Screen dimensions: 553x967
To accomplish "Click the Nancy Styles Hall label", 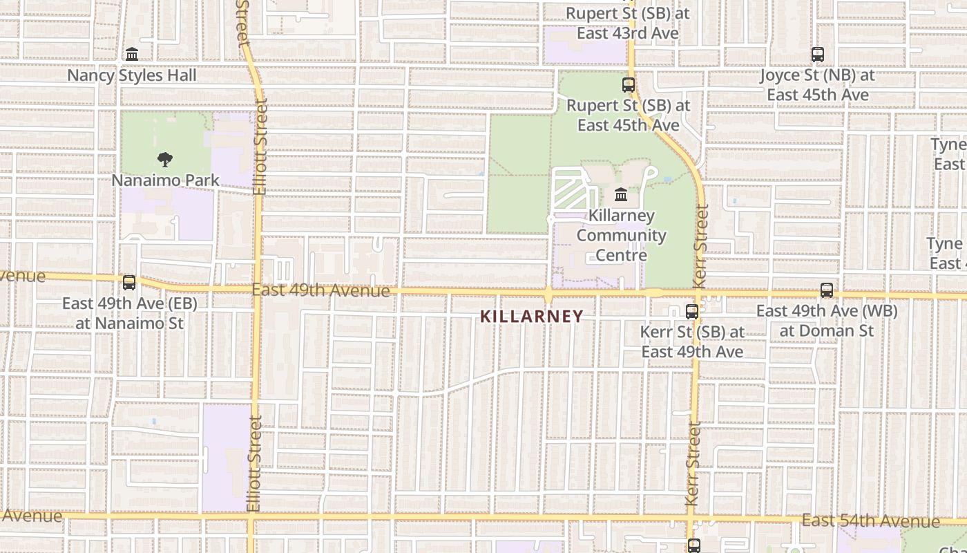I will click(x=132, y=75).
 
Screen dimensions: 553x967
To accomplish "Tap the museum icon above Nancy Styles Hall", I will click(x=132, y=54).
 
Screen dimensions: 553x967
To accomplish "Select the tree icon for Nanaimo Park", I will click(x=164, y=160).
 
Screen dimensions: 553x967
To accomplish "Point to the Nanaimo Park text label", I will click(x=166, y=180).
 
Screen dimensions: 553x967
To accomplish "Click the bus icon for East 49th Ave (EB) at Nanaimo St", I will click(x=129, y=282).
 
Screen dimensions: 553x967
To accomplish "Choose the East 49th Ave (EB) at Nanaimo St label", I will click(x=130, y=313).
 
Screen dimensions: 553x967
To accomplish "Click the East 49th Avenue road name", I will click(x=320, y=290).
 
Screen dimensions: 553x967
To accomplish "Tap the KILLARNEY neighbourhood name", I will click(x=532, y=317).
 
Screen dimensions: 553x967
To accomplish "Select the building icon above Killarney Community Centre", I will click(x=621, y=194).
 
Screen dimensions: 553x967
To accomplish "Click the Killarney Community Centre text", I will click(x=622, y=235).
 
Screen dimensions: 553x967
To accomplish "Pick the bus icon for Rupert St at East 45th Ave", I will click(x=629, y=85).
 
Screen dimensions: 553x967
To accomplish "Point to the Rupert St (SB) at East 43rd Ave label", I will click(x=628, y=23).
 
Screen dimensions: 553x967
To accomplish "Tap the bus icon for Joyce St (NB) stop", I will click(x=818, y=54).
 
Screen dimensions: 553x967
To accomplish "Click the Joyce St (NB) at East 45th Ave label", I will click(x=818, y=85).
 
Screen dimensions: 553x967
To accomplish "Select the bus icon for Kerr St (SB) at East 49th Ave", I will click(x=692, y=312).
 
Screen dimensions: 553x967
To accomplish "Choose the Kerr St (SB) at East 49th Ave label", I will click(x=692, y=341).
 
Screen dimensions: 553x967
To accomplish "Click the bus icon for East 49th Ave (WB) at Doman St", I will click(x=827, y=290).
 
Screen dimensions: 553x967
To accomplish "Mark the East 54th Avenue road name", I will click(x=871, y=521).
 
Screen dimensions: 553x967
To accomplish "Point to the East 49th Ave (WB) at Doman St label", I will click(x=827, y=321).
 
